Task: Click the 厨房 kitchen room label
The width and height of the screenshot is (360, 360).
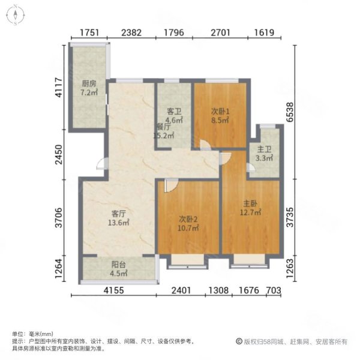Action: coord(89,84)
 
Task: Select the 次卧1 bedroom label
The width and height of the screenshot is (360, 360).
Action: coord(220,110)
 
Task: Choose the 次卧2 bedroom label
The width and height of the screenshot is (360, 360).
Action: coord(188,219)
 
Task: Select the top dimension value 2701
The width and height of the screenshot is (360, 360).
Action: coord(221,32)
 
